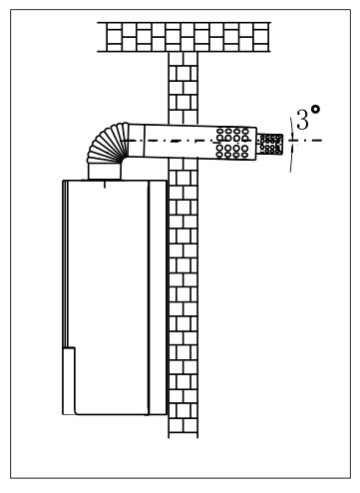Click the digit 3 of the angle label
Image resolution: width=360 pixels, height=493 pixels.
coord(302,120)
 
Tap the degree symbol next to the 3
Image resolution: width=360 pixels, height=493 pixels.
coord(315,109)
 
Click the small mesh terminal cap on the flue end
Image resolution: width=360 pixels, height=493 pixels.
coord(269,144)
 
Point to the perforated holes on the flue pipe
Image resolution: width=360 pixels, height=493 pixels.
coord(232,143)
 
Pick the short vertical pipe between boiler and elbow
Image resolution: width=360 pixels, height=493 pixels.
coord(105,172)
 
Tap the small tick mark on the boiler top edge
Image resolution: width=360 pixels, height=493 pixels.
coord(105,185)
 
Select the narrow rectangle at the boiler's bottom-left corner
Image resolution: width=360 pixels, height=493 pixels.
coord(69,381)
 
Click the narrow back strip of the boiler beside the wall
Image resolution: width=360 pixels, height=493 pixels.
coord(157,297)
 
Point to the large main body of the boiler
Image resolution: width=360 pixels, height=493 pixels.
coord(108,297)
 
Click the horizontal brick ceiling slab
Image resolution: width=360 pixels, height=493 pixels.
coord(183,37)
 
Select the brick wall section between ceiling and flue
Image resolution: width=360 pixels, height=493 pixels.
coord(183,88)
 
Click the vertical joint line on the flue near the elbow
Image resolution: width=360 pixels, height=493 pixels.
coord(145,140)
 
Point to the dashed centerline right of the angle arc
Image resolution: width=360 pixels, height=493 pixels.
coord(309,141)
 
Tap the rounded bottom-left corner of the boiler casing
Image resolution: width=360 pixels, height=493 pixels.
coord(77,412)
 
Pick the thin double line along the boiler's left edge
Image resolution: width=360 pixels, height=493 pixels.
coord(66,263)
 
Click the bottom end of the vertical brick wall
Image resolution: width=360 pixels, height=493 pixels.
coord(183,438)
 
